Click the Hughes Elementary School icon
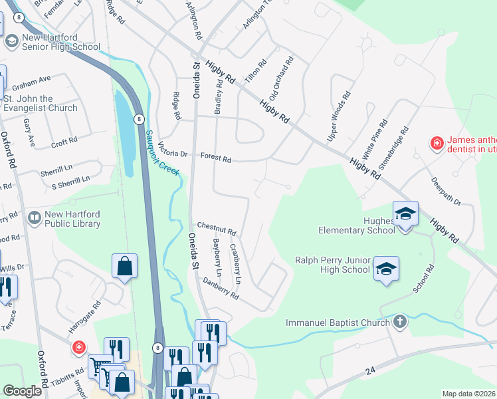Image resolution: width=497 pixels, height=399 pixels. pyautogui.click(x=405, y=213)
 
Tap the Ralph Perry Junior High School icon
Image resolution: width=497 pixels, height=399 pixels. pyautogui.click(x=386, y=269)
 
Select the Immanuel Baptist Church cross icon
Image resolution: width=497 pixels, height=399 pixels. pyautogui.click(x=399, y=323)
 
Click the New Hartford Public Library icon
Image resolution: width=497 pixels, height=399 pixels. pyautogui.click(x=33, y=217)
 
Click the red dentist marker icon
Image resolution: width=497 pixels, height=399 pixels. pyautogui.click(x=437, y=143)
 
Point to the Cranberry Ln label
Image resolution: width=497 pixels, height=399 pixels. pyautogui.click(x=235, y=264)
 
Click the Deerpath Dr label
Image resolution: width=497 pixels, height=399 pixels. pyautogui.click(x=445, y=192)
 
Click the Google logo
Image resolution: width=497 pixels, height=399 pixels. pyautogui.click(x=23, y=391)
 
